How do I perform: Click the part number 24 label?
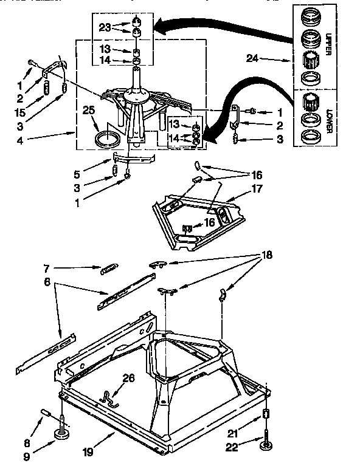tap(253, 59)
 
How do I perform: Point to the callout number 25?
tap(89, 110)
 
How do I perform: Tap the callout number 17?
tap(256, 189)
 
